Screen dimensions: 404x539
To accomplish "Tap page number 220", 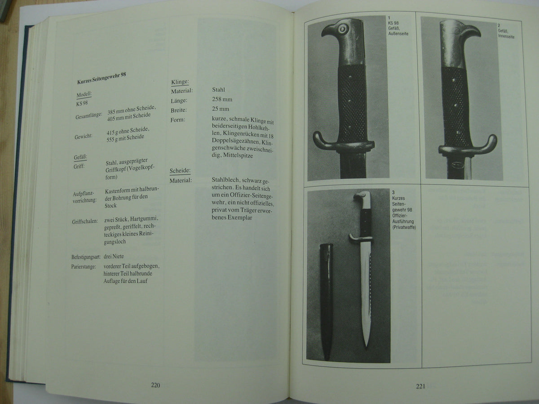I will (155, 385).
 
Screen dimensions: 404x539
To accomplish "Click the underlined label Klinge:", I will (180, 82).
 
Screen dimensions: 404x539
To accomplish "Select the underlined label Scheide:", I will (180, 171).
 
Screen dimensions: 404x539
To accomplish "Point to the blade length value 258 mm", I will (222, 100).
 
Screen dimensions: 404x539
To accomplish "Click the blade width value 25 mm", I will (221, 109).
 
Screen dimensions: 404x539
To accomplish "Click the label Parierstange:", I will (84, 266).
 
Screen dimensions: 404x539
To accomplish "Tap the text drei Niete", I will (113, 257).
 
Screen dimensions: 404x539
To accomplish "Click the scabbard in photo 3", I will (327, 301).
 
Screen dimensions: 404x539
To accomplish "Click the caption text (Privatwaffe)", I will (403, 227).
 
